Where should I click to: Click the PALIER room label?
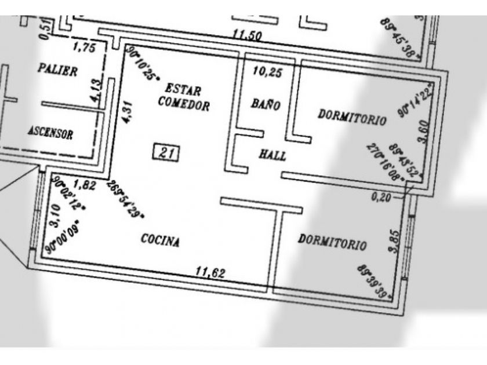point(57,70)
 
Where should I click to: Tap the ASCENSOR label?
point(50,133)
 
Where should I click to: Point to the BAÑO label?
point(266,105)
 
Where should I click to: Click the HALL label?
point(272,155)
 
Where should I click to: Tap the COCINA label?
point(160,240)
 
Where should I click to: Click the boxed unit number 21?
point(167,153)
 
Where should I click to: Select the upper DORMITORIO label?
point(352,118)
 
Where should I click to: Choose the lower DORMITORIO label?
point(332,242)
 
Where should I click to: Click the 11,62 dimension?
point(210,272)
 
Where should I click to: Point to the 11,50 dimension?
point(247,35)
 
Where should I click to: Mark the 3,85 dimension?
point(395,242)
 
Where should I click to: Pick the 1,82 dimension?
point(85,185)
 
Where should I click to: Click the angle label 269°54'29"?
point(125,199)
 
